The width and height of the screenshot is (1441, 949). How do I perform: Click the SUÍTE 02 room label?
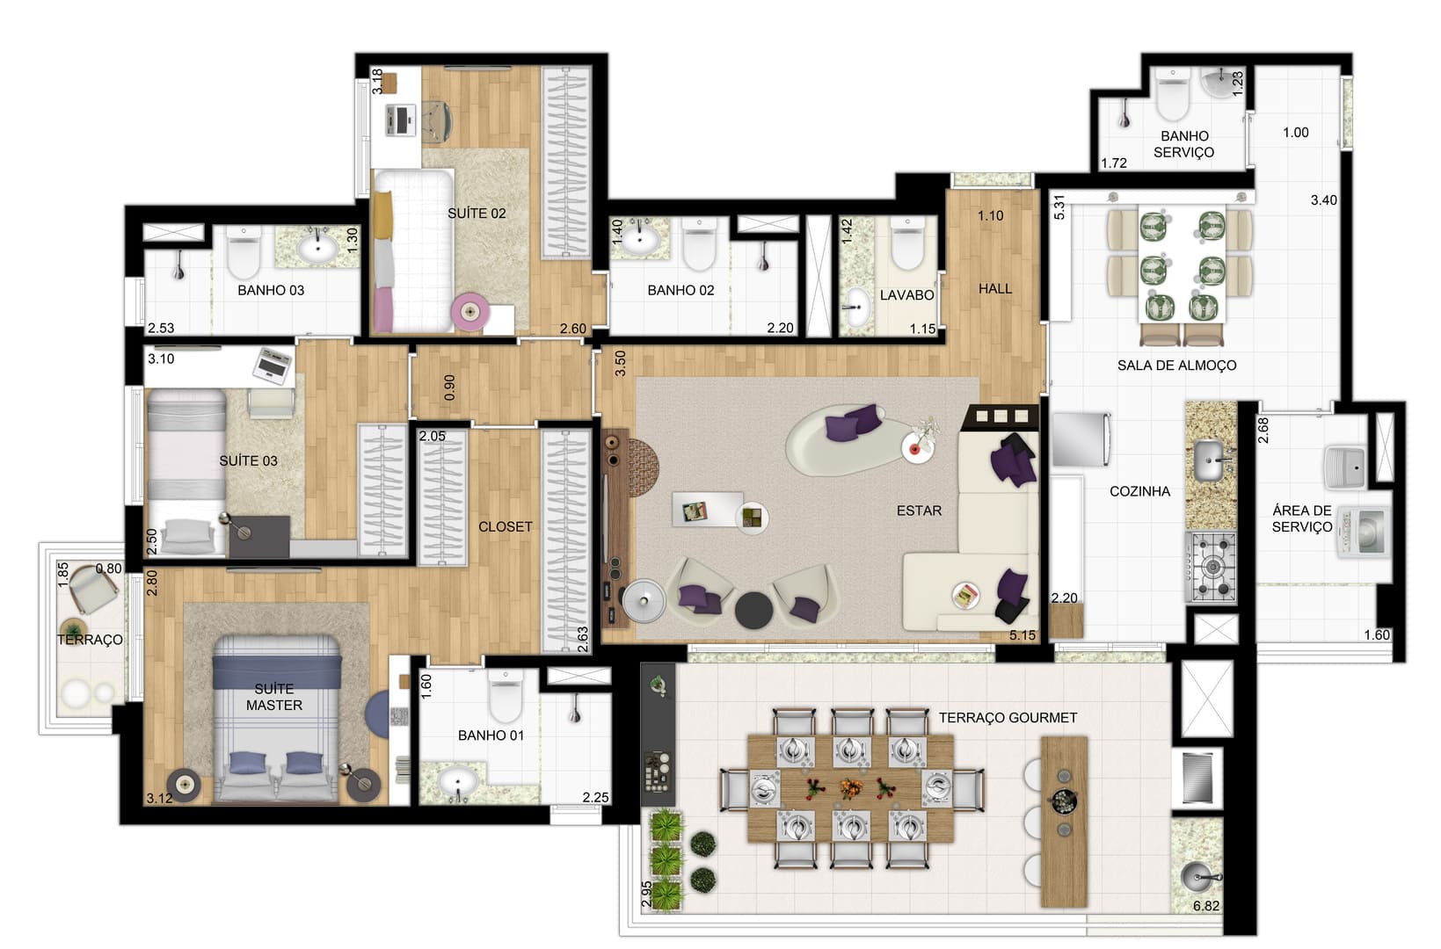pos(477,214)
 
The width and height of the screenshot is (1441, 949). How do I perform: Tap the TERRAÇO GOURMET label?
pos(1008,718)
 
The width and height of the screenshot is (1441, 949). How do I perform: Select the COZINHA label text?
pos(1140,491)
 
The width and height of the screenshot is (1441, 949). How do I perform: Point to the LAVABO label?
pos(907,295)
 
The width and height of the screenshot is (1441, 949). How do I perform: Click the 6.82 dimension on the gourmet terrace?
pos(1206,906)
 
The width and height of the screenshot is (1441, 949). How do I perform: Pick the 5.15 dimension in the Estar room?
pos(1023,635)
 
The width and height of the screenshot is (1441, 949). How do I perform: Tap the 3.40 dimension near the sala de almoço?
pos(1324,200)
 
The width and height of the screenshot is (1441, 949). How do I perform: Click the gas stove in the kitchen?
pos(1212,567)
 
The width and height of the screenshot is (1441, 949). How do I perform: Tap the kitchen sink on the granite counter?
pos(1210,460)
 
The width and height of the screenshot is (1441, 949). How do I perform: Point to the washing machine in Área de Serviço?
pos(1363,532)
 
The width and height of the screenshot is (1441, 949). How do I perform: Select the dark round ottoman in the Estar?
pos(753,610)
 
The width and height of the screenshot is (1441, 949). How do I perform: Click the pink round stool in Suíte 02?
pos(470,312)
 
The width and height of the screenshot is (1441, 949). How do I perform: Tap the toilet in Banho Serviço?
pos(1173,95)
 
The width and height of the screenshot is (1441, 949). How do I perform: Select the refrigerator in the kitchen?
pos(1081,439)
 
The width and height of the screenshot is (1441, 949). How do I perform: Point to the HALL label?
pos(995,289)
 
